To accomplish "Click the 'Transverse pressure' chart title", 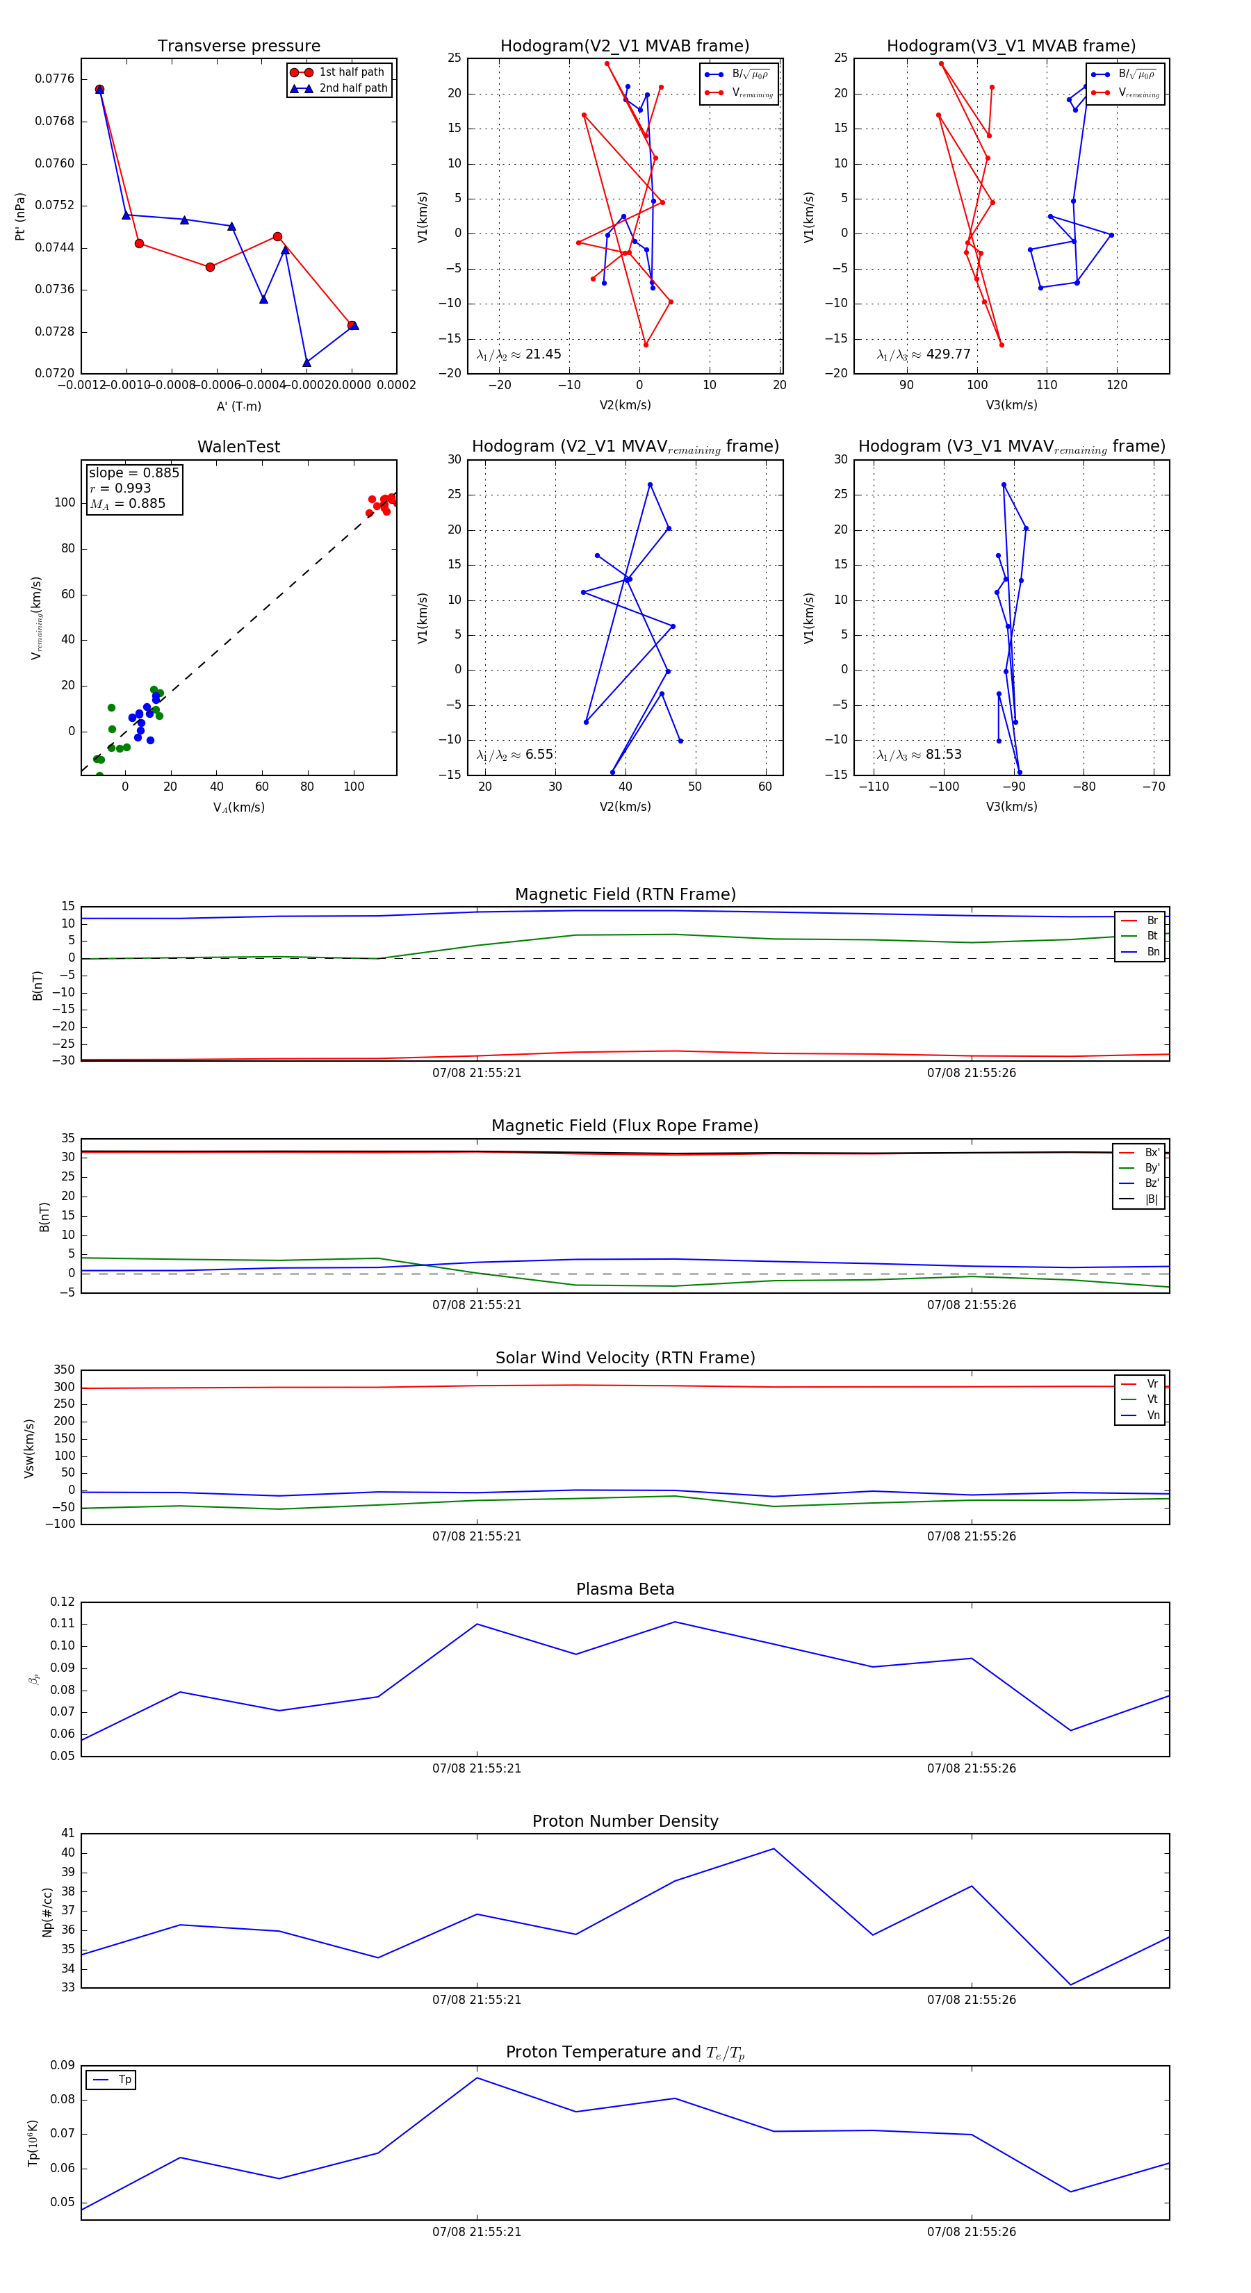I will (x=238, y=47).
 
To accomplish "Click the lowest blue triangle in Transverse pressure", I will (x=306, y=362).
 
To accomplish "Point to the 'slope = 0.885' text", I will (x=133, y=472).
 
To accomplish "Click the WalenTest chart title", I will (x=238, y=447).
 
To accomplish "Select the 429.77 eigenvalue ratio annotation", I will (x=924, y=354).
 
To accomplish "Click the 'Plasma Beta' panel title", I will (x=625, y=1589).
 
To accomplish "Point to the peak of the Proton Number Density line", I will (x=773, y=1849).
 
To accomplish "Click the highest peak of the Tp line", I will (x=477, y=2078).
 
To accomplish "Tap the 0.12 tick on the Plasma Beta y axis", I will (x=63, y=1602).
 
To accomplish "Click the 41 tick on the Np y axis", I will (x=67, y=1834).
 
